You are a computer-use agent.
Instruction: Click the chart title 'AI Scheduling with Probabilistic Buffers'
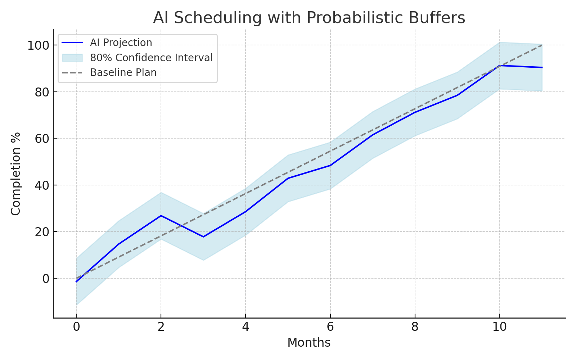[309, 18]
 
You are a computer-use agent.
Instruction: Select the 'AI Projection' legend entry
[121, 42]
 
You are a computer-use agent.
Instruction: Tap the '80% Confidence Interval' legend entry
[151, 58]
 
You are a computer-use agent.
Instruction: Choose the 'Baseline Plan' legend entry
[123, 73]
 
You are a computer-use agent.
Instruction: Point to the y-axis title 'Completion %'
[15, 174]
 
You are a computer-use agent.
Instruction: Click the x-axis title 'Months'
[309, 343]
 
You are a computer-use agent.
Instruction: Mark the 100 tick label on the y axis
[38, 46]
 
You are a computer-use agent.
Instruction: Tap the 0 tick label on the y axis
[46, 279]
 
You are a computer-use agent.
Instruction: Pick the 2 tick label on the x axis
[161, 327]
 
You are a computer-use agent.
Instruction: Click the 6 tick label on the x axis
[330, 327]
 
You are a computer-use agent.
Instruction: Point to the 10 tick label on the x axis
[499, 327]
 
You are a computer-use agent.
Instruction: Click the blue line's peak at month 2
[161, 216]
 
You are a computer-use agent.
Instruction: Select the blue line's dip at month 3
[203, 237]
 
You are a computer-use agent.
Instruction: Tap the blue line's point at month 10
[499, 66]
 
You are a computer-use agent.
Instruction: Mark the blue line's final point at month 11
[542, 67]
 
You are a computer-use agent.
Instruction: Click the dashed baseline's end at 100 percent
[542, 45]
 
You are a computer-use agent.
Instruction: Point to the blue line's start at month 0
[76, 282]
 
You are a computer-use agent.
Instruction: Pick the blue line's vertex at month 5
[288, 178]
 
